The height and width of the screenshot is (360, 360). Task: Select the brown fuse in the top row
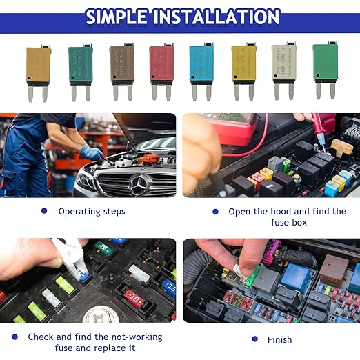click(x=122, y=63)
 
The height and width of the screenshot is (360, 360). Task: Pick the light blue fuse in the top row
click(x=201, y=63)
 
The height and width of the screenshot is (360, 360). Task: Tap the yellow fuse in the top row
click(x=243, y=63)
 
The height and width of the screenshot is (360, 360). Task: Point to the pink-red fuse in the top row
click(x=161, y=63)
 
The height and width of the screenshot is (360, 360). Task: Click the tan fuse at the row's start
click(x=39, y=65)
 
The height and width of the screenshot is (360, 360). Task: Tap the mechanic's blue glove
click(x=91, y=152)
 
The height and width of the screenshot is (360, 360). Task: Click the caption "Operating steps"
click(x=92, y=212)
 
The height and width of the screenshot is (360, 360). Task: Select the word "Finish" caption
click(x=279, y=339)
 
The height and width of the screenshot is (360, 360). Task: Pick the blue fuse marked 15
click(x=168, y=287)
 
